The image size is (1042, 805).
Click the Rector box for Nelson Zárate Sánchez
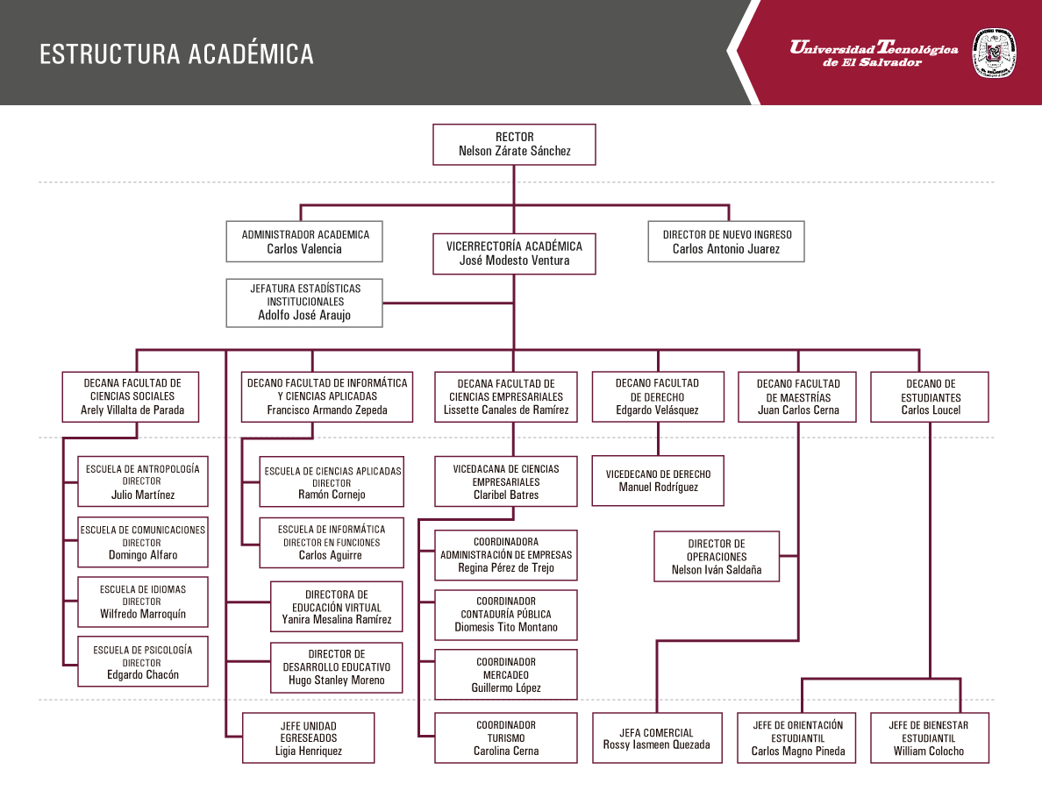coord(514,144)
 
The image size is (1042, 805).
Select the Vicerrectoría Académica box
coord(514,253)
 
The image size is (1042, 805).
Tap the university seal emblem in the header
coord(994,53)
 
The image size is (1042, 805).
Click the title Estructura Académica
coord(176,54)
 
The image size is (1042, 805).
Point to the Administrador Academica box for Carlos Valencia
coord(304,242)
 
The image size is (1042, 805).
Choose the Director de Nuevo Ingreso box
coord(726,242)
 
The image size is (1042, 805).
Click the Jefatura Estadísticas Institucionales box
coord(304,303)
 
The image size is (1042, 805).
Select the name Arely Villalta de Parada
coord(132,410)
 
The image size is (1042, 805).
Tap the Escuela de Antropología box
coord(143,481)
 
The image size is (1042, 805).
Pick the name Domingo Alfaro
coord(143,555)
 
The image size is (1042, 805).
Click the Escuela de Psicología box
coord(143,661)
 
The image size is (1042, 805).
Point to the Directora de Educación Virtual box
coord(336,607)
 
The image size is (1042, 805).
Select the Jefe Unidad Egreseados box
coord(309,738)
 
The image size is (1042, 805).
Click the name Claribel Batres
coord(506,495)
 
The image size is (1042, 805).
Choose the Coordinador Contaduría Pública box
coord(506,615)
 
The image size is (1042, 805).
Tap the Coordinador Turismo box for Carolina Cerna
coord(506,738)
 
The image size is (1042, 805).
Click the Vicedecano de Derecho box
coord(658,481)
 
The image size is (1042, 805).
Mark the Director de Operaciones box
coord(717,557)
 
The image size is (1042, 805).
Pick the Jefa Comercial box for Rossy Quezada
coord(657,738)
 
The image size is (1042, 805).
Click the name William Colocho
coord(928,752)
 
